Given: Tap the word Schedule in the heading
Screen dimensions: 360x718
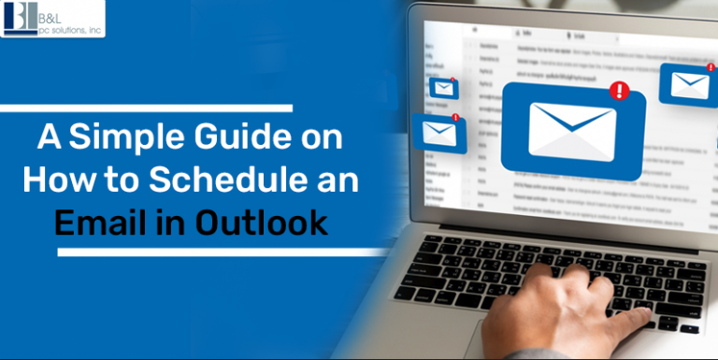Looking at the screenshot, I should (231, 181).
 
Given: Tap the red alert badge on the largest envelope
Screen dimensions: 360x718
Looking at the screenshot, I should (617, 91).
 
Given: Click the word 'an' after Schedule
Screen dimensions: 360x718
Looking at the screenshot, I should (336, 181).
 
